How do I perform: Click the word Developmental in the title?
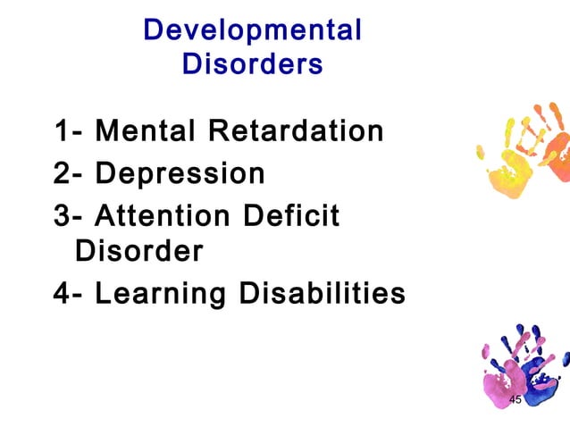click(252, 29)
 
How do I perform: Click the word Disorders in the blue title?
click(252, 64)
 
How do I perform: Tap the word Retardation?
click(296, 131)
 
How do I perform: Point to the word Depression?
click(180, 172)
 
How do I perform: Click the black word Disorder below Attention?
click(138, 251)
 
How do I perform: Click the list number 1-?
click(69, 132)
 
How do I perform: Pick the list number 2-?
click(69, 172)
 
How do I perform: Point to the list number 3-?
click(69, 215)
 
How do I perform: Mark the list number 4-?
click(69, 292)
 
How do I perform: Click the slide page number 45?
click(515, 398)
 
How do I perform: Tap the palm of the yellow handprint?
click(510, 173)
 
